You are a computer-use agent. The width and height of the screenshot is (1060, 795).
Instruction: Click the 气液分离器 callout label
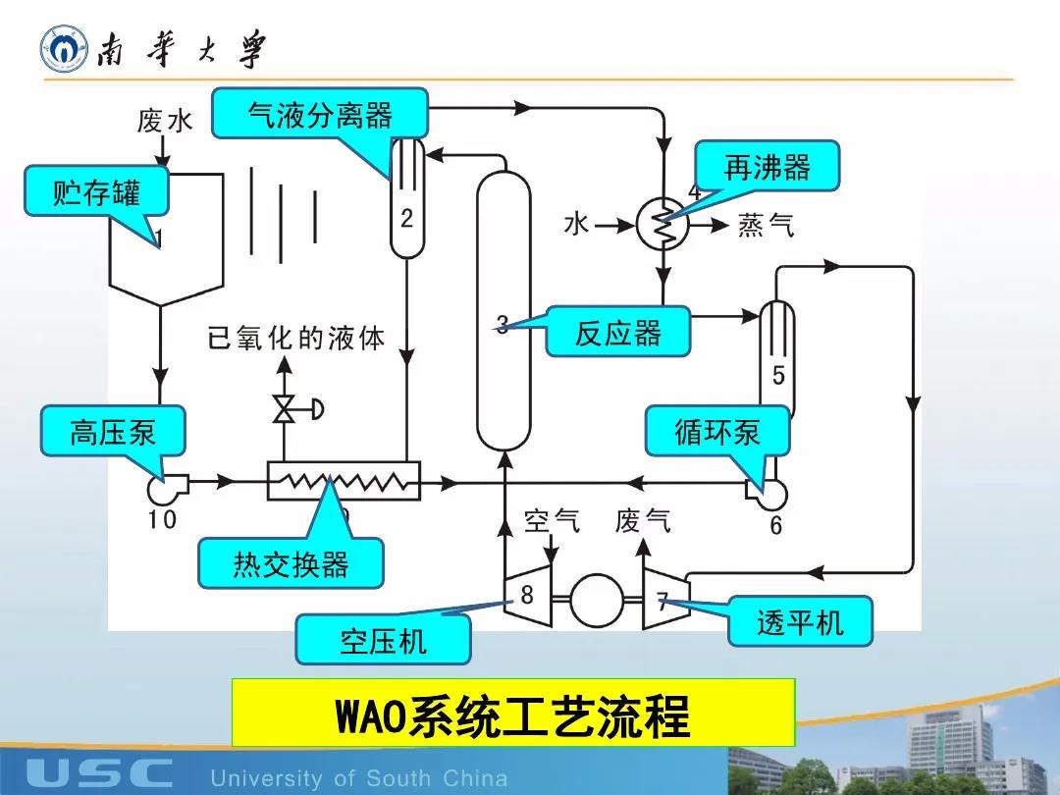tap(320, 116)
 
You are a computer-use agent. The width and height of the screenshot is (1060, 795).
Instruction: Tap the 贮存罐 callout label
tap(96, 192)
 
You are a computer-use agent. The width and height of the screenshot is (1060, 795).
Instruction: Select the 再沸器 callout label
tap(768, 167)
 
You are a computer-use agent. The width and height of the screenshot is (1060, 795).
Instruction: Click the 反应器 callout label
tap(618, 333)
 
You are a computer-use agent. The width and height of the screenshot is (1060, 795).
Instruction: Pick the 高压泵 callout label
tap(113, 432)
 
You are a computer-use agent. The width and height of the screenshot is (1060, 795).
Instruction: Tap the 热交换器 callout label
tap(291, 563)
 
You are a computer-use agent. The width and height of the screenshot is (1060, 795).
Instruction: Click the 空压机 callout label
tap(384, 640)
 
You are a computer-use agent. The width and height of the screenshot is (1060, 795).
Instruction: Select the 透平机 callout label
tap(800, 621)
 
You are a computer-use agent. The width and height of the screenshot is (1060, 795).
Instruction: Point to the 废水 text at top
tap(165, 122)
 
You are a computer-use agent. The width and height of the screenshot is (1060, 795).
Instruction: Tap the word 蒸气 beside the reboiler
tap(767, 227)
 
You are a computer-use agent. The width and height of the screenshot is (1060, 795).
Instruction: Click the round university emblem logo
tap(63, 49)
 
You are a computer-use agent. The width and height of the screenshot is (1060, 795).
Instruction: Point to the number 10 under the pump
tap(163, 519)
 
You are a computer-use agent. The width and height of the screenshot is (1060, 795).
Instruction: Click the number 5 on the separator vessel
tap(778, 376)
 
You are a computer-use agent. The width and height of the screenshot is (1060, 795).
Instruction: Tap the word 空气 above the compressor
tap(552, 519)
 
